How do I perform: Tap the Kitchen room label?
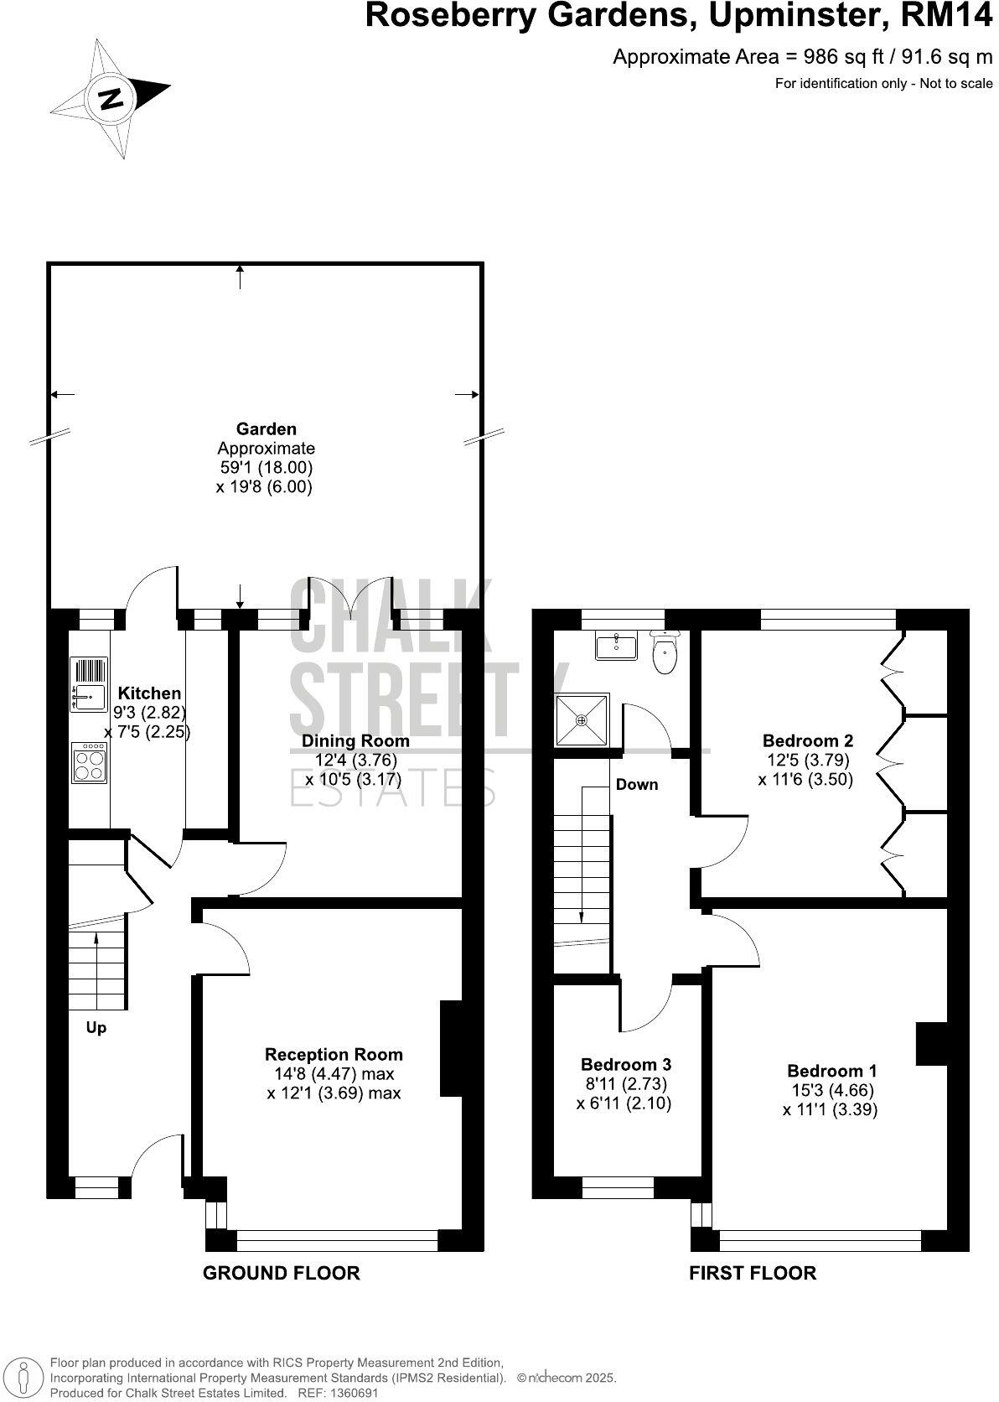pyautogui.click(x=149, y=693)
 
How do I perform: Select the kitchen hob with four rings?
pyautogui.click(x=89, y=762)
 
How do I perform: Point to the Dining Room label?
pyautogui.click(x=355, y=741)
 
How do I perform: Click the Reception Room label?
pyautogui.click(x=334, y=1055)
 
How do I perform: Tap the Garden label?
pyautogui.click(x=266, y=429)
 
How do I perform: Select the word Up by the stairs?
pyautogui.click(x=96, y=1028)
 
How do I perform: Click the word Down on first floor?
pyautogui.click(x=637, y=785)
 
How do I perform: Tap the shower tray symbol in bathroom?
pyautogui.click(x=582, y=719)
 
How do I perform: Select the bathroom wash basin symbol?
pyautogui.click(x=616, y=647)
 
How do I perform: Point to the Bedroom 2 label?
pyautogui.click(x=808, y=741)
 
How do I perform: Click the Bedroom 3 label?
pyautogui.click(x=626, y=1065)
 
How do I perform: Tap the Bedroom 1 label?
pyautogui.click(x=831, y=1072)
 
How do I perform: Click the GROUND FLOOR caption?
pyautogui.click(x=282, y=1274)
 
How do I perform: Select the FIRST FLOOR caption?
pyautogui.click(x=752, y=1274)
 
